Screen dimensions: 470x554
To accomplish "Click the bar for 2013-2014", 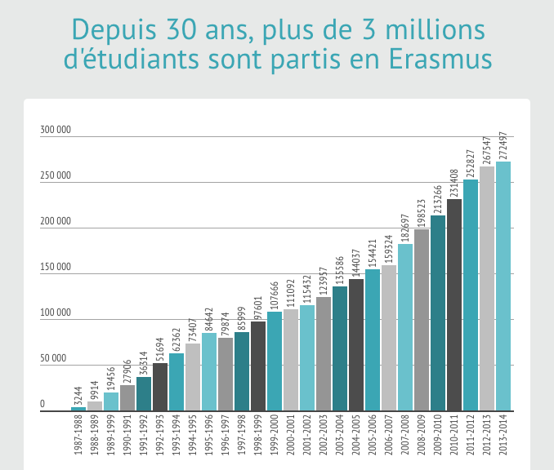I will (503, 286).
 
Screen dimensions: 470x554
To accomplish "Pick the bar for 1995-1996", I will (209, 371).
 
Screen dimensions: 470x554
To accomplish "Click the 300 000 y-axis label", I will (56, 130).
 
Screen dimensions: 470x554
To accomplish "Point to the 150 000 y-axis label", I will (56, 267).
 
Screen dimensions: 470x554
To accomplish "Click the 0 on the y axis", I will (42, 404).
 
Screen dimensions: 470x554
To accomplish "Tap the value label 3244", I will (78, 397).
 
